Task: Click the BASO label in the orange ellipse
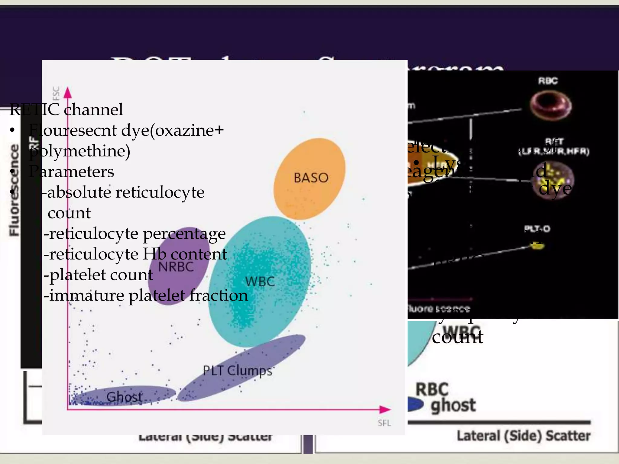(x=311, y=178)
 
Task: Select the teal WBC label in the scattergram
(x=260, y=282)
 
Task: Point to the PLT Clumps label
(x=238, y=371)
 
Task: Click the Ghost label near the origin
(x=124, y=397)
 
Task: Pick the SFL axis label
(x=384, y=423)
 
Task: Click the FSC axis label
(x=56, y=93)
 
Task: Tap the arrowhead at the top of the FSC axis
(x=68, y=92)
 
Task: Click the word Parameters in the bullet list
(x=71, y=172)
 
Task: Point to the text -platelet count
(x=99, y=275)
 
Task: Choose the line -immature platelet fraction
(x=146, y=295)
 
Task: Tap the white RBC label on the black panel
(x=548, y=81)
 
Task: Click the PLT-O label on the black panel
(x=537, y=229)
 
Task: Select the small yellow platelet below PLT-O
(x=537, y=245)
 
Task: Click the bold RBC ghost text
(x=446, y=398)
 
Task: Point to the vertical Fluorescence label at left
(x=14, y=190)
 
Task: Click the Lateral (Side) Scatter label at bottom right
(x=523, y=436)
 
